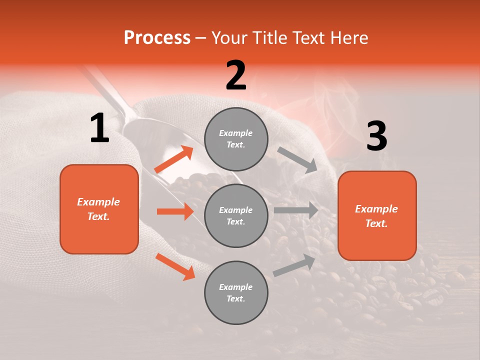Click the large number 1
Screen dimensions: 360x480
pyautogui.click(x=99, y=128)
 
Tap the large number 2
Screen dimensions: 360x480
pyautogui.click(x=236, y=75)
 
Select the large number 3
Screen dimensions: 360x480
pyautogui.click(x=376, y=136)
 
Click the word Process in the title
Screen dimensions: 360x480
pyautogui.click(x=157, y=37)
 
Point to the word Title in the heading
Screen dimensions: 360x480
pyautogui.click(x=270, y=37)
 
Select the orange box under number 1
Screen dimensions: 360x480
pyautogui.click(x=99, y=209)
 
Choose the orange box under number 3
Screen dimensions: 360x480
pyautogui.click(x=377, y=215)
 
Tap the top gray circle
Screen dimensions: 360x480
pyautogui.click(x=236, y=138)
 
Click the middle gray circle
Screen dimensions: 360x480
pyautogui.click(x=236, y=215)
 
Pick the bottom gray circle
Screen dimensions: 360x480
pyautogui.click(x=236, y=292)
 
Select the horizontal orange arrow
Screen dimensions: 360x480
pyautogui.click(x=175, y=211)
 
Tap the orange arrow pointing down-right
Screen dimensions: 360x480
pyautogui.click(x=175, y=266)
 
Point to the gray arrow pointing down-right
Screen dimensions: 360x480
pyautogui.click(x=297, y=159)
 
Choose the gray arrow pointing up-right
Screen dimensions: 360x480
pyautogui.click(x=294, y=265)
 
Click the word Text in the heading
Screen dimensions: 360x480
pyautogui.click(x=308, y=37)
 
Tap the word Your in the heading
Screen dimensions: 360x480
pyautogui.click(x=229, y=37)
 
